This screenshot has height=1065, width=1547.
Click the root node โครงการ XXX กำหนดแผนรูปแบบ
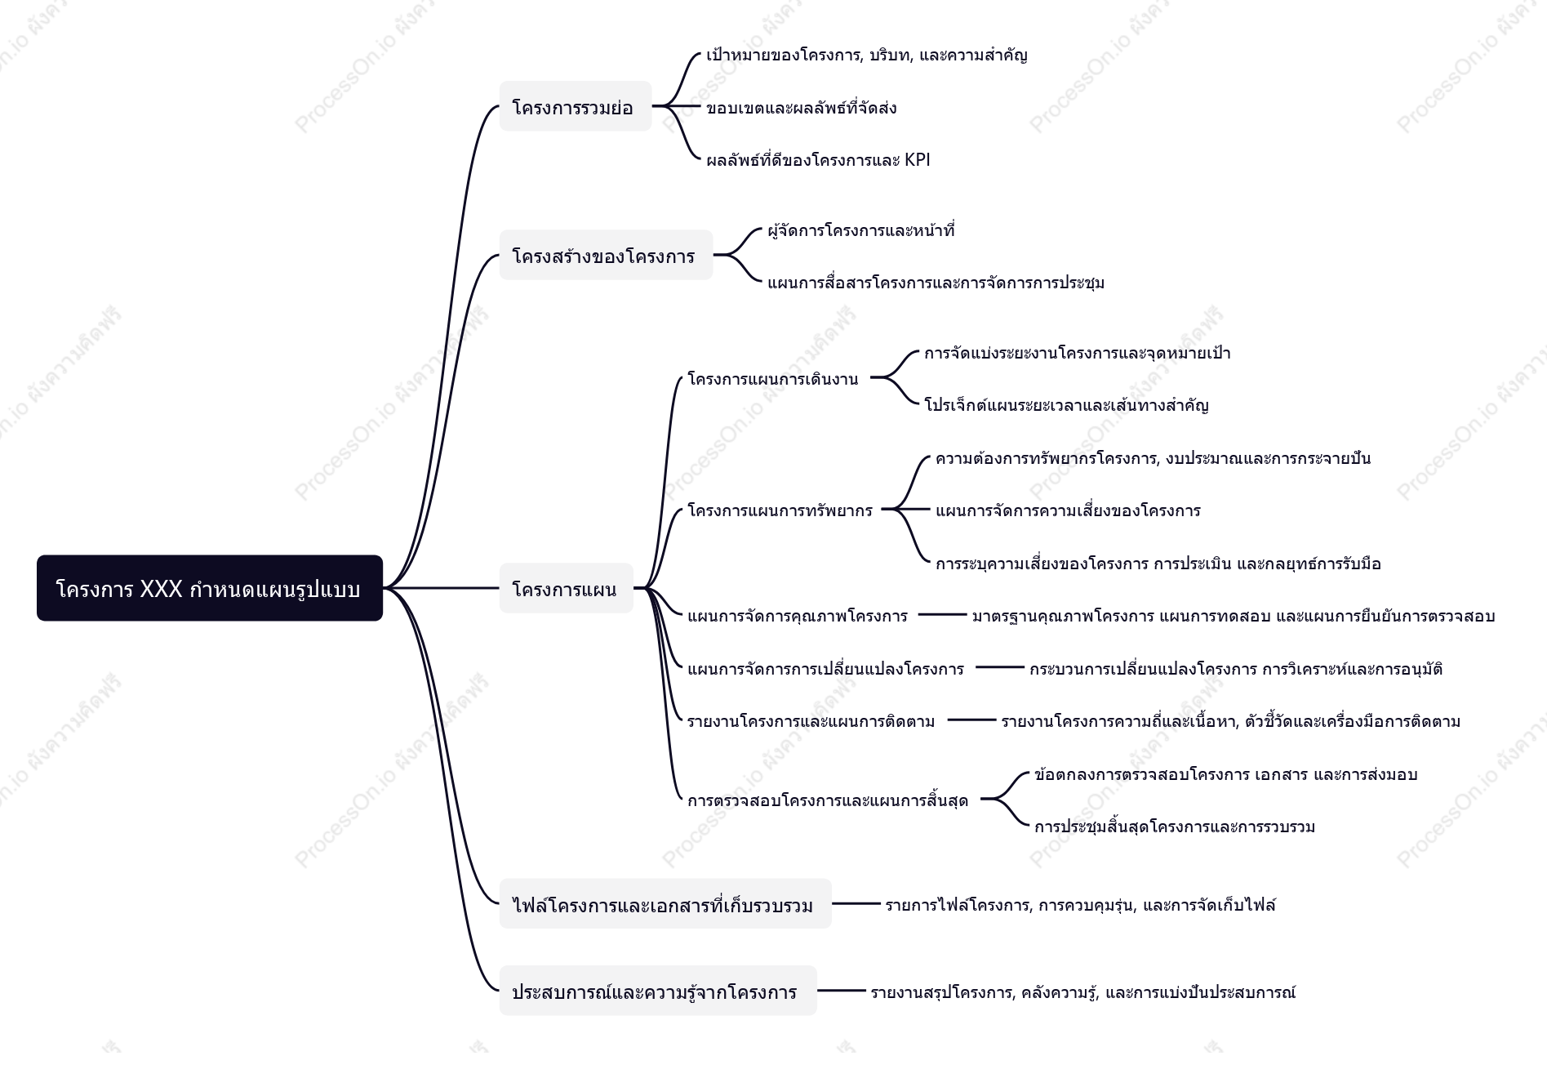(x=210, y=588)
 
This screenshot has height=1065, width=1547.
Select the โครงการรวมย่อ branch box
(x=576, y=106)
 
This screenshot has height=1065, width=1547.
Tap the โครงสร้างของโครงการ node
(x=606, y=255)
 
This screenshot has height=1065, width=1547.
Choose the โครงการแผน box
(x=567, y=588)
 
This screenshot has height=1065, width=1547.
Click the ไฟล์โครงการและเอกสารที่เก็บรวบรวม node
(x=665, y=904)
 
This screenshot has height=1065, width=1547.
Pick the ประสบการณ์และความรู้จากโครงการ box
(x=658, y=991)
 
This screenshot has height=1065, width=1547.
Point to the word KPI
(x=918, y=159)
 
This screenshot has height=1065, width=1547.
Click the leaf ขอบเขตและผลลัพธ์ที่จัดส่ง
(x=802, y=107)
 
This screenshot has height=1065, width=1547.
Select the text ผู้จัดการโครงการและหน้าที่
(x=861, y=229)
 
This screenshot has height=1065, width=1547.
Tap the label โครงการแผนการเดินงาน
(x=773, y=378)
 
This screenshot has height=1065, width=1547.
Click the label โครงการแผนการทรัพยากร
(x=780, y=510)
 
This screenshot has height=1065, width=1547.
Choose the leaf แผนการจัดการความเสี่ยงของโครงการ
(x=1068, y=510)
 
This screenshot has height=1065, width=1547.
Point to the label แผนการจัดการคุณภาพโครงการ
(x=798, y=616)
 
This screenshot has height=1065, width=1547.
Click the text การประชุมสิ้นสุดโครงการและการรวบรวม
(x=1175, y=826)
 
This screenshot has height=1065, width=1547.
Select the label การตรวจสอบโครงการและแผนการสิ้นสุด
(x=828, y=800)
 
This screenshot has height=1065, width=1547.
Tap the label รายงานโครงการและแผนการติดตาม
(x=811, y=721)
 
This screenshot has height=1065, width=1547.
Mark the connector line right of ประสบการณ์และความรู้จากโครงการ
(x=842, y=991)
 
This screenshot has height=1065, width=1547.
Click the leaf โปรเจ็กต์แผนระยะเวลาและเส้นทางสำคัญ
(x=1066, y=404)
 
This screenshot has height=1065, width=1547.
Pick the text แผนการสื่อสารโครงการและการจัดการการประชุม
(x=936, y=282)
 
